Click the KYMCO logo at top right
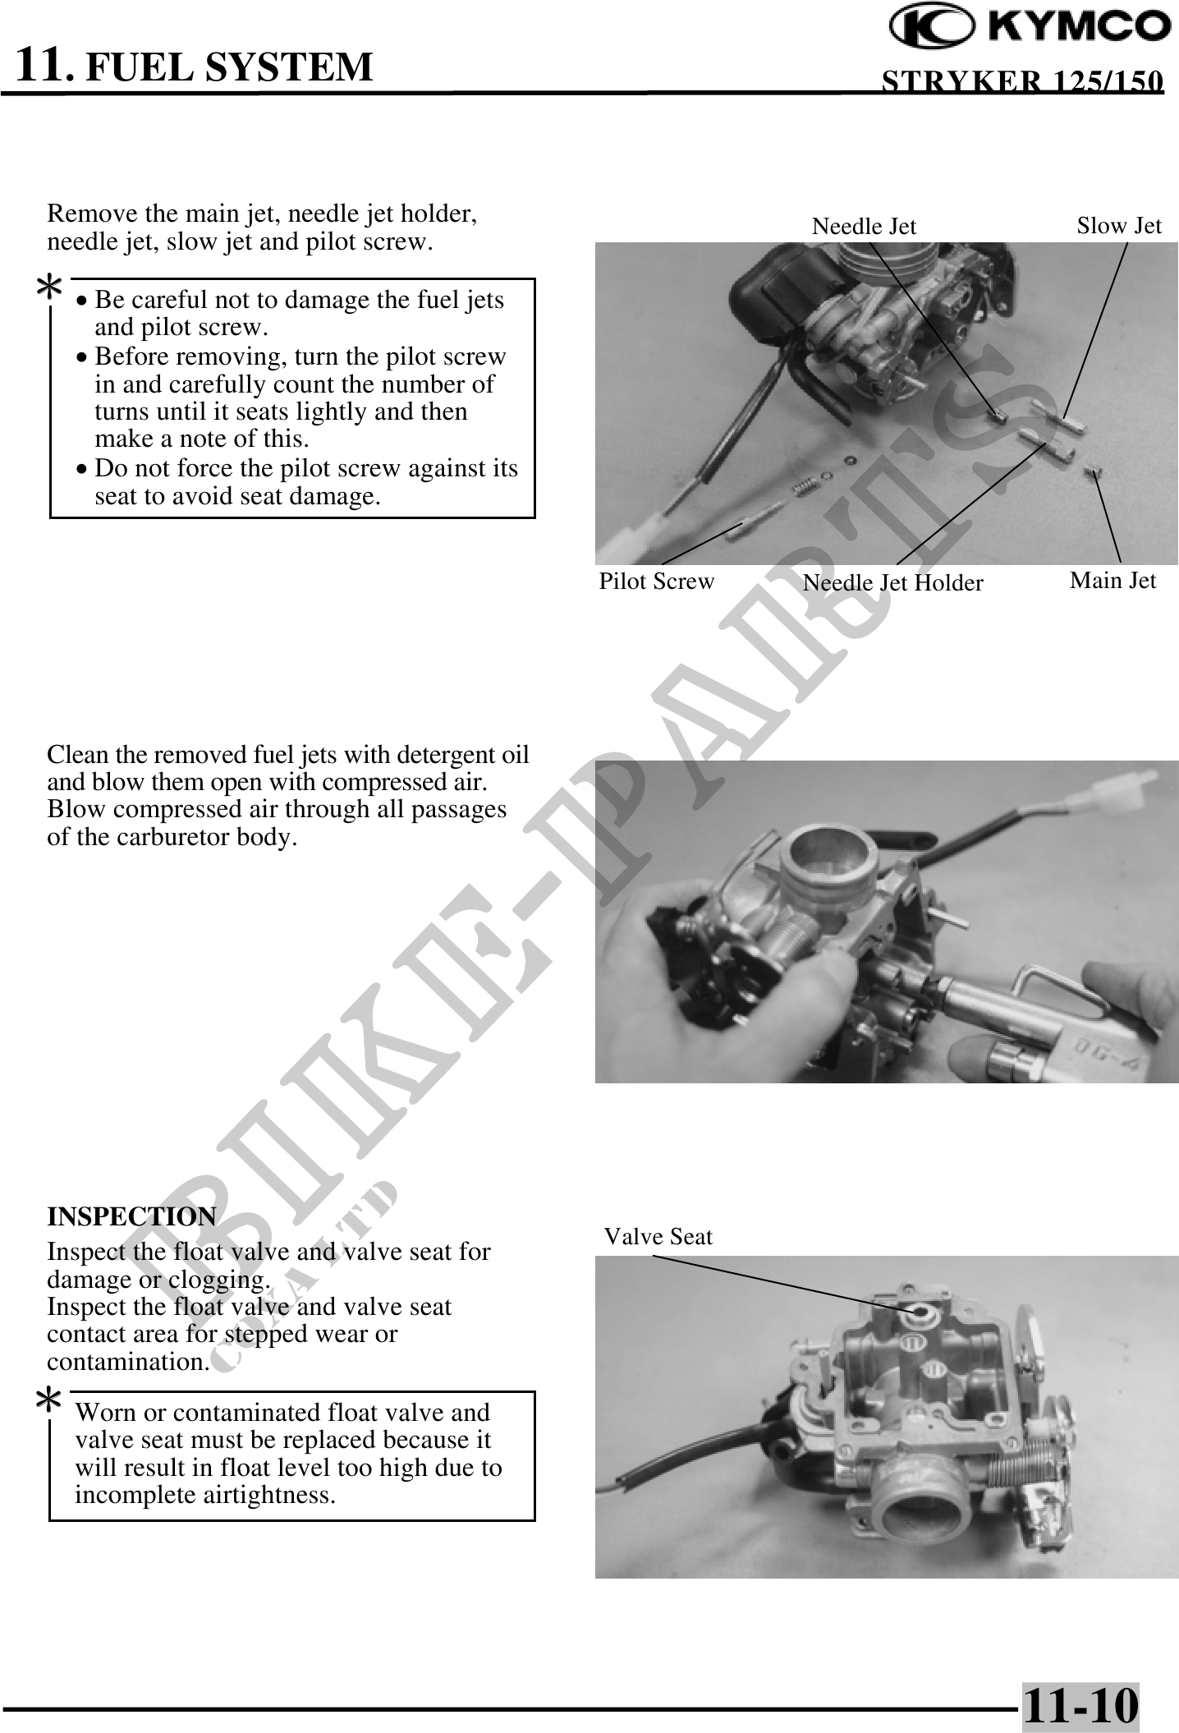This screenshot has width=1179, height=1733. [1030, 28]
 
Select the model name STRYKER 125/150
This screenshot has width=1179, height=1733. [1022, 82]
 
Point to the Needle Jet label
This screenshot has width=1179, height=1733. [864, 227]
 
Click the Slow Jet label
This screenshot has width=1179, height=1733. [1119, 226]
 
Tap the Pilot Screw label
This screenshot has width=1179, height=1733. [657, 581]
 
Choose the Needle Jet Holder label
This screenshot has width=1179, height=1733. [892, 583]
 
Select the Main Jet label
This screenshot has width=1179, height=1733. [1112, 581]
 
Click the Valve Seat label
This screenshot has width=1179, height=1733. [658, 1237]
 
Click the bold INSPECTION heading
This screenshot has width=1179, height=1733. [131, 1216]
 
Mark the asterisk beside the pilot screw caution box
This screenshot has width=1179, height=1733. [51, 289]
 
